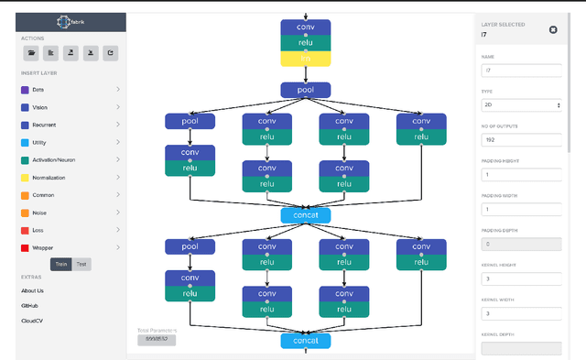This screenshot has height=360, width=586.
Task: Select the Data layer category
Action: click(38, 90)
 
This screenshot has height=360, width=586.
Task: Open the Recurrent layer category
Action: click(44, 125)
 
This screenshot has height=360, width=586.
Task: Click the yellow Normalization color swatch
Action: click(24, 177)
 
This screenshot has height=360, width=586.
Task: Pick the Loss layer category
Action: click(38, 230)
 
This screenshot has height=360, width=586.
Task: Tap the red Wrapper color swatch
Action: click(24, 247)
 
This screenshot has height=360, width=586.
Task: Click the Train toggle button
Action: click(60, 264)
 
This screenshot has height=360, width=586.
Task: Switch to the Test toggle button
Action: click(81, 264)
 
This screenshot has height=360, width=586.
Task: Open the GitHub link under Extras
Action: click(30, 306)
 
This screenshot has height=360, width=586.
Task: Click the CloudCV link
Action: click(32, 321)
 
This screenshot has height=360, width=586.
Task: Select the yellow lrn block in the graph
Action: click(305, 58)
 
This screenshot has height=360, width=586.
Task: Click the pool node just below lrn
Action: click(305, 90)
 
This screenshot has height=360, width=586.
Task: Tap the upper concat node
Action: click(305, 214)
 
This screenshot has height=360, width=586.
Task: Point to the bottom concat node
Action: click(305, 341)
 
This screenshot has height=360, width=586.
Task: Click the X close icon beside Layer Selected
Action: click(553, 29)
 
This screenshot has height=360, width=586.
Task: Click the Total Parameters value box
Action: click(156, 340)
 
